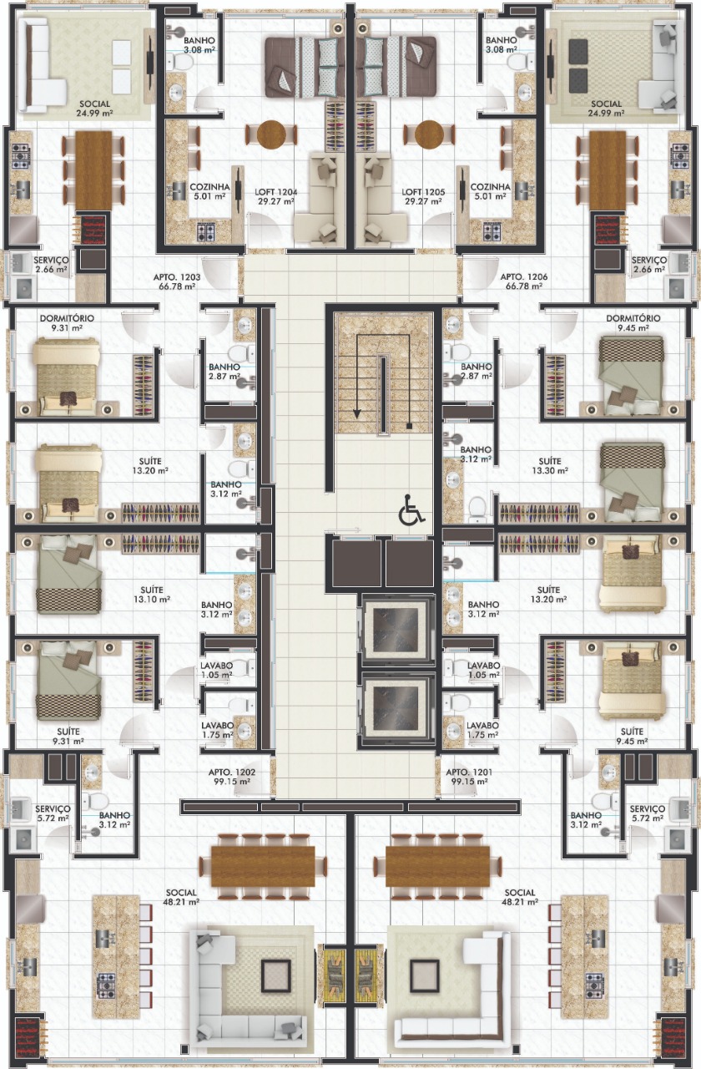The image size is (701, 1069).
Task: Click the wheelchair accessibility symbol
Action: coord(411,509)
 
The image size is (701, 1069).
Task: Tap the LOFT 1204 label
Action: coord(275,196)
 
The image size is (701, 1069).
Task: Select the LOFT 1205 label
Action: coord(423,196)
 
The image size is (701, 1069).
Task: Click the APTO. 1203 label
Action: coord(176,281)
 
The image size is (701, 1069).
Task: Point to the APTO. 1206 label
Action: coord(523,281)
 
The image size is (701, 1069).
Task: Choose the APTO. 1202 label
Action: coord(232,777)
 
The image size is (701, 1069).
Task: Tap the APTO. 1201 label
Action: coord(469,777)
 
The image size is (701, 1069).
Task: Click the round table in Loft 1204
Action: coord(271,134)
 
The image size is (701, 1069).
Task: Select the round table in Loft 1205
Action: coord(429,134)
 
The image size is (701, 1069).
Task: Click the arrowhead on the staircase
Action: coord(356,413)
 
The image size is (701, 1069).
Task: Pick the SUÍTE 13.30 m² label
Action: coord(549,466)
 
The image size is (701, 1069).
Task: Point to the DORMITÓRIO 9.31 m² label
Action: coord(67,322)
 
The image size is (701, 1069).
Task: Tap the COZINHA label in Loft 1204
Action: coord(209,187)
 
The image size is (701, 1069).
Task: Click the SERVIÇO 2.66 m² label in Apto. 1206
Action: coord(648,265)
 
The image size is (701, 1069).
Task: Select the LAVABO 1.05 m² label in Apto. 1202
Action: coord(216,670)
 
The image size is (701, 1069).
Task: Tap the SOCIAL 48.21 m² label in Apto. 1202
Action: coord(181,897)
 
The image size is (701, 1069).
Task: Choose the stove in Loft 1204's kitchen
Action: coord(206,232)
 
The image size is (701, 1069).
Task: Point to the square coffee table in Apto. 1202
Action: coord(275,974)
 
